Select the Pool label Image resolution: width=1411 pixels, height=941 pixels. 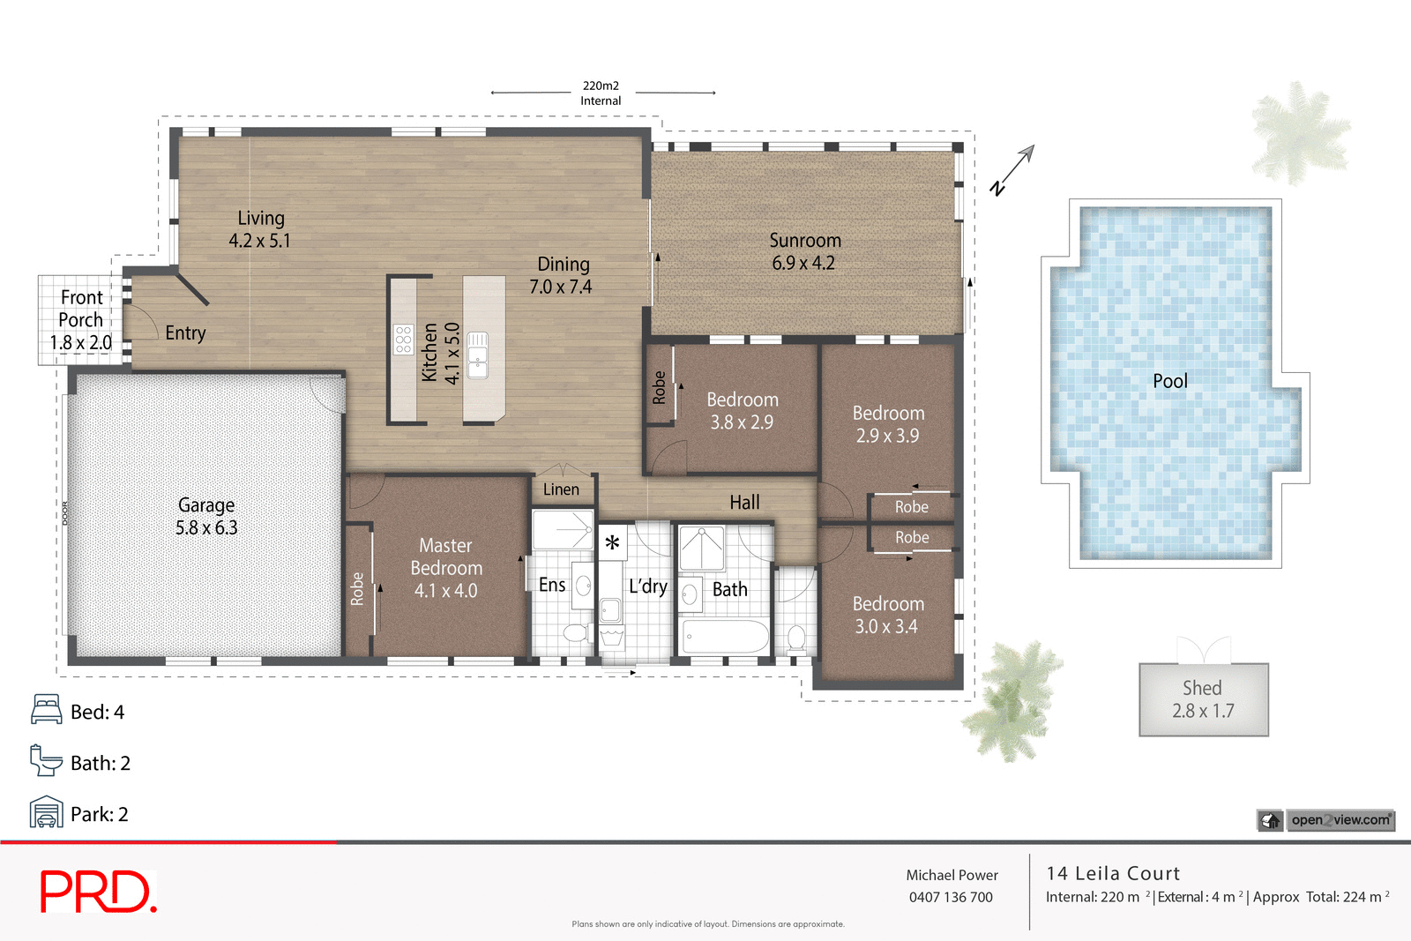coord(1169,381)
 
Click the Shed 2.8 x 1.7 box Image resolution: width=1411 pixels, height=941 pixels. coord(1203,699)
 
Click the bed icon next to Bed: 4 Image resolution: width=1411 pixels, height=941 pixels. coord(46,710)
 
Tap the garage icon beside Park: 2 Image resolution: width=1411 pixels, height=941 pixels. coord(46,812)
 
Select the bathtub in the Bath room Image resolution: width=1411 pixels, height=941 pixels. coord(726,636)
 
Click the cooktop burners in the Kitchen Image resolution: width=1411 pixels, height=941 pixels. coord(403,340)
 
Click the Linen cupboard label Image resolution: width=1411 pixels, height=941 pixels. coord(561,489)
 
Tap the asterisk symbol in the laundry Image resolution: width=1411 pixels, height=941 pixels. coord(612,543)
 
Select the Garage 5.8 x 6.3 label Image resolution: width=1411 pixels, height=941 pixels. coord(206,517)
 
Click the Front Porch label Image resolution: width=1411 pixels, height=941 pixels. coord(80,319)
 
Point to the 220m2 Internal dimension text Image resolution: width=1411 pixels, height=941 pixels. coord(601,93)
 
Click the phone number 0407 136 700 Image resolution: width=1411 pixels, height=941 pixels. coord(951,897)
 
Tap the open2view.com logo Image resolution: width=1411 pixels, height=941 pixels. coord(1340,820)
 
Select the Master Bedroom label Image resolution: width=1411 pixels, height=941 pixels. coord(445,568)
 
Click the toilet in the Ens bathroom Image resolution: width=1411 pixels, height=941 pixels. coord(574,632)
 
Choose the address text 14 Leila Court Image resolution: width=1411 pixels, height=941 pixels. coord(1113,873)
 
